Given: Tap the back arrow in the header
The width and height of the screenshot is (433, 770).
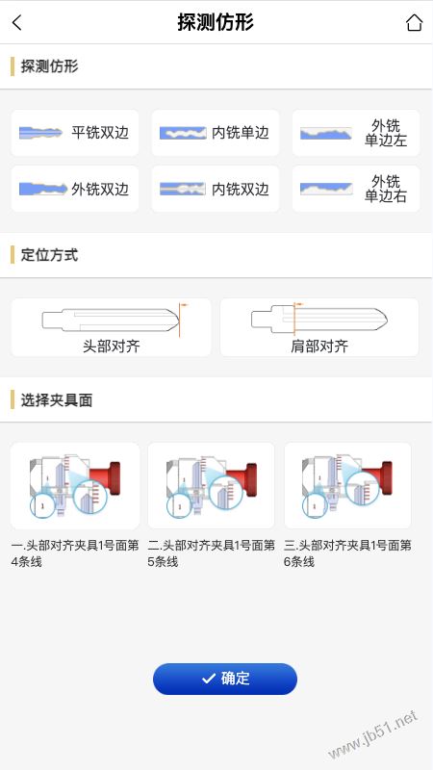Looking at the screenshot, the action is click(x=16, y=22).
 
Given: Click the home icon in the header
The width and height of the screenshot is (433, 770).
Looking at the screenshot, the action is click(x=414, y=22).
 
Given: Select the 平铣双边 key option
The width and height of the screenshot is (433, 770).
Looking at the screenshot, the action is click(x=75, y=133).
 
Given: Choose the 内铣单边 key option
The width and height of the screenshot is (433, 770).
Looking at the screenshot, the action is click(x=215, y=133).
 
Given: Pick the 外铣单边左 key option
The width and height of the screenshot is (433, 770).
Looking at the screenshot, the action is click(x=356, y=133).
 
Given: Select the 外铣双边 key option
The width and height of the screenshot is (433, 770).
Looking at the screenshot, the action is click(x=75, y=189).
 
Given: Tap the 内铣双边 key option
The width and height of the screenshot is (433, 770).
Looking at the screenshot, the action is click(x=215, y=189).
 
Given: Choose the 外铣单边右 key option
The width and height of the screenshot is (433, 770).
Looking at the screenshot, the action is click(x=356, y=189).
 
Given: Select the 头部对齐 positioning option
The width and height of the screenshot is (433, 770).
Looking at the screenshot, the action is click(x=111, y=327).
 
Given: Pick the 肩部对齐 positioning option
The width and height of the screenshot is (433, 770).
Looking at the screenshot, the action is click(x=319, y=327).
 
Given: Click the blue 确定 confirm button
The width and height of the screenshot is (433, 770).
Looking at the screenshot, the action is click(x=225, y=679).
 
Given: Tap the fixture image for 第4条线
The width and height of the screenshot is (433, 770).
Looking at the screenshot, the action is click(x=75, y=486).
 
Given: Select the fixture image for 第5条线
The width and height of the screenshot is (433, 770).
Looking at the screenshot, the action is click(x=211, y=486).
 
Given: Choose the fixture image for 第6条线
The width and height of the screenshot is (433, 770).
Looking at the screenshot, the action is click(x=347, y=486).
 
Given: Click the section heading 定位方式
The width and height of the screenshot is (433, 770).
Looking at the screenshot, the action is click(x=49, y=255).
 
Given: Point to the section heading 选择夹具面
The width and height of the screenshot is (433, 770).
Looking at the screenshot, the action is click(x=57, y=400).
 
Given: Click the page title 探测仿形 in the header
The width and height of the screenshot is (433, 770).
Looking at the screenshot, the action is click(x=216, y=22).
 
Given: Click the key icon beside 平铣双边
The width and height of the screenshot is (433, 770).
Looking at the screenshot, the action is click(x=40, y=133).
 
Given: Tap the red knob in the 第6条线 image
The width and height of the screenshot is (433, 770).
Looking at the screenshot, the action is click(x=378, y=477).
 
